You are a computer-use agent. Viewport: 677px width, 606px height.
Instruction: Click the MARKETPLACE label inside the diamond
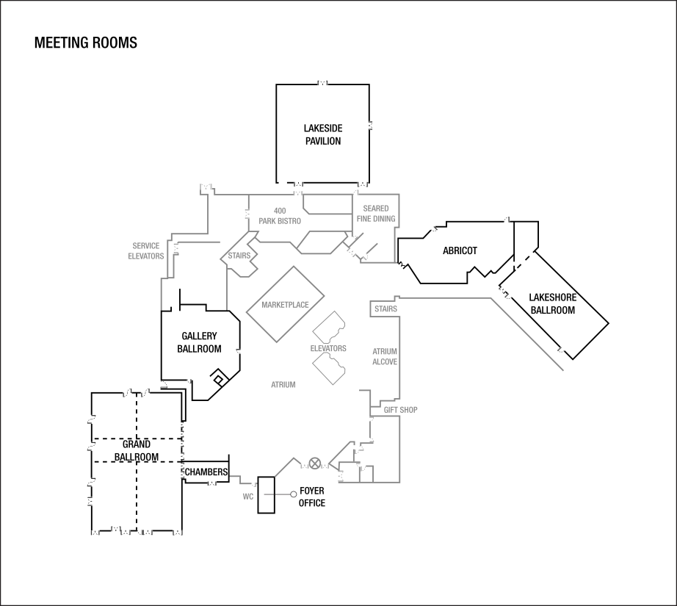click(x=285, y=304)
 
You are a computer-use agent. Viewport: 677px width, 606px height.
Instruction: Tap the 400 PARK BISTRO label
click(x=280, y=216)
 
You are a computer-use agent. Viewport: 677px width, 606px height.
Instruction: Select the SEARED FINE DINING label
click(x=376, y=214)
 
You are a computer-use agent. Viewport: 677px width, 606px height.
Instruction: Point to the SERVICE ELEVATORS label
click(x=146, y=251)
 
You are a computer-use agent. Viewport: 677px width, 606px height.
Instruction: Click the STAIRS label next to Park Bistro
click(x=239, y=256)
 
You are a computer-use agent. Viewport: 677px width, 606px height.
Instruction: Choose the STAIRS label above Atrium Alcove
click(x=385, y=309)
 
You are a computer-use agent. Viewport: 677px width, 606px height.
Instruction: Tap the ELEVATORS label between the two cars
click(x=328, y=348)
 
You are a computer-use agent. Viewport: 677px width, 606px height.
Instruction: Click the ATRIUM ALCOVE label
click(x=385, y=357)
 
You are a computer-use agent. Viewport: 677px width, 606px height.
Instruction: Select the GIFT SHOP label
click(x=400, y=409)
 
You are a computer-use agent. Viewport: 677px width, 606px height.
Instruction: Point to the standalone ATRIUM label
click(x=283, y=385)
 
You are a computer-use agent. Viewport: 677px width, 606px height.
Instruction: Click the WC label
click(x=248, y=497)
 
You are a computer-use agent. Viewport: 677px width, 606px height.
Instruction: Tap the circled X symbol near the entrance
click(x=315, y=463)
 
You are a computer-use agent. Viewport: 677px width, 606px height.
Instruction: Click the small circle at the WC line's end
click(x=294, y=495)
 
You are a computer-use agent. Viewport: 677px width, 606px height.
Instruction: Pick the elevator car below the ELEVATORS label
click(x=329, y=369)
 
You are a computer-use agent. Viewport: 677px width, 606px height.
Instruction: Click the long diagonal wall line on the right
click(x=527, y=334)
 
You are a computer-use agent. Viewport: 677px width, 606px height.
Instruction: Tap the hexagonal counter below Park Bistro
click(x=319, y=242)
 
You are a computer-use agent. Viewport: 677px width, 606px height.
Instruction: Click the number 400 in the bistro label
click(x=280, y=211)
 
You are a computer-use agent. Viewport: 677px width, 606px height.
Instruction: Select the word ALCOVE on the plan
click(x=385, y=362)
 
